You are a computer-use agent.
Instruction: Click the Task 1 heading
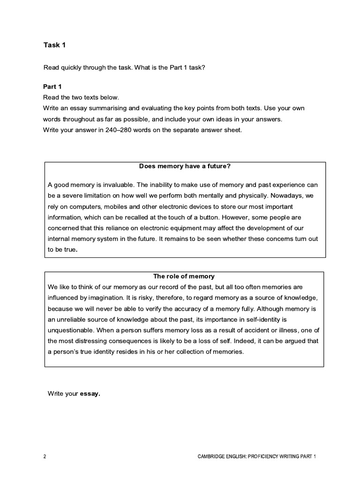tap(52, 45)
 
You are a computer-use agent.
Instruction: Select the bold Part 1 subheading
tap(52, 87)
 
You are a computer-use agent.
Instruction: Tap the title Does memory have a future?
tap(185, 166)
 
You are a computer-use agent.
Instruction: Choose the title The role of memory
tap(184, 276)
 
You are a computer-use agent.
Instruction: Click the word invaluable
tap(106, 185)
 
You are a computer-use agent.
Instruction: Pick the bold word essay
tap(90, 393)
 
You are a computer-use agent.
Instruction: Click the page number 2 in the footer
tap(45, 456)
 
